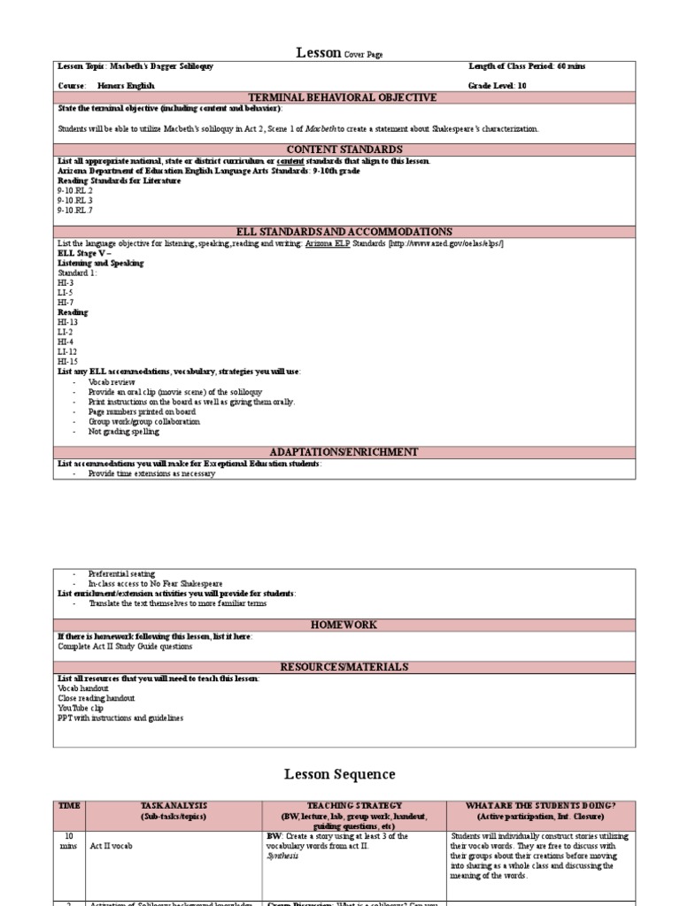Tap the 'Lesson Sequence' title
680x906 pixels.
[x=339, y=774]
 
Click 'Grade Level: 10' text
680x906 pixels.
[x=497, y=86]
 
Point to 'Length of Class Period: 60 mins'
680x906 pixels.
[x=527, y=66]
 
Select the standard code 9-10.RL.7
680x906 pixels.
[x=75, y=210]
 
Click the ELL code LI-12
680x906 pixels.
[x=67, y=351]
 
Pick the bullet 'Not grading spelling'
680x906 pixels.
[x=123, y=432]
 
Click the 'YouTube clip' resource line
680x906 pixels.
[x=81, y=708]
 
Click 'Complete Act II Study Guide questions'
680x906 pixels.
[x=124, y=646]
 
